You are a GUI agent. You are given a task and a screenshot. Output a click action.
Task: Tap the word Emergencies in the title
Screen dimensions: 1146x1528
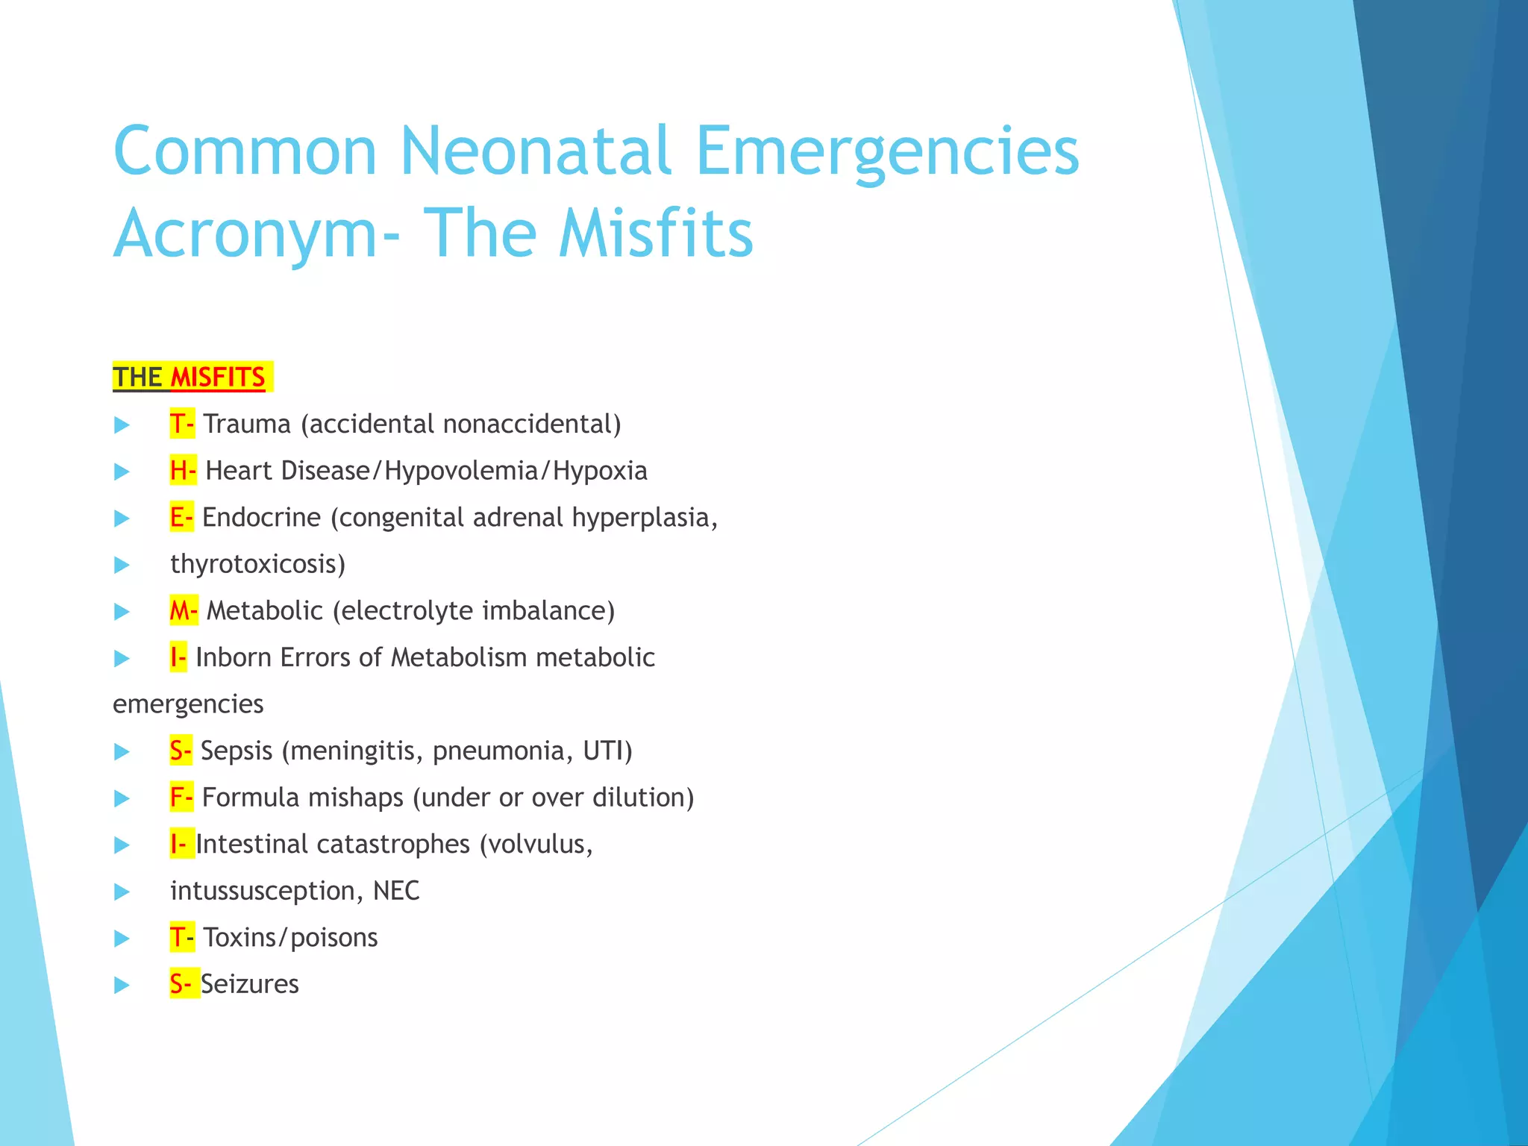887,153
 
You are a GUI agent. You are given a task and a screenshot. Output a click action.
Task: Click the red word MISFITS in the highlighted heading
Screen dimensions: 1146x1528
217,378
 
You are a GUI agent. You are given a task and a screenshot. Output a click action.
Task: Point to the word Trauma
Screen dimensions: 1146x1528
247,424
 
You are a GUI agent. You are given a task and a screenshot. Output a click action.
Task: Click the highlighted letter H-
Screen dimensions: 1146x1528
183,471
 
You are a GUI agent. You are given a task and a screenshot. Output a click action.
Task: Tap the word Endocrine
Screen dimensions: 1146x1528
261,517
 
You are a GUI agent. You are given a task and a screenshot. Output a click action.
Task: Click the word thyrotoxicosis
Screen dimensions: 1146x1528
257,564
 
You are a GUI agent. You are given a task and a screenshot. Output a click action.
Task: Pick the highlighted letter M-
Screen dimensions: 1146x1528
184,610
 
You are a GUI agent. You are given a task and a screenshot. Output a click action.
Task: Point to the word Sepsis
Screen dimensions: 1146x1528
237,751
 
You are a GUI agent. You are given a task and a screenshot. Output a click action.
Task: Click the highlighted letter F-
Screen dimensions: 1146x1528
181,798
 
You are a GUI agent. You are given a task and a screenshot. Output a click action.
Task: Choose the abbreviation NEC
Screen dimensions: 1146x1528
396,891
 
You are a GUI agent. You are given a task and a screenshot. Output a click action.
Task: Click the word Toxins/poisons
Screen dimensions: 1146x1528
290,937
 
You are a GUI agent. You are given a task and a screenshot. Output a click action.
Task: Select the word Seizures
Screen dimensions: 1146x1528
249,984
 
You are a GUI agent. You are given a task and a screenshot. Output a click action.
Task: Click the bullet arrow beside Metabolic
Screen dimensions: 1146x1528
122,612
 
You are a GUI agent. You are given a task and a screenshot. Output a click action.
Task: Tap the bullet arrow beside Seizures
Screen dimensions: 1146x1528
122,985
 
